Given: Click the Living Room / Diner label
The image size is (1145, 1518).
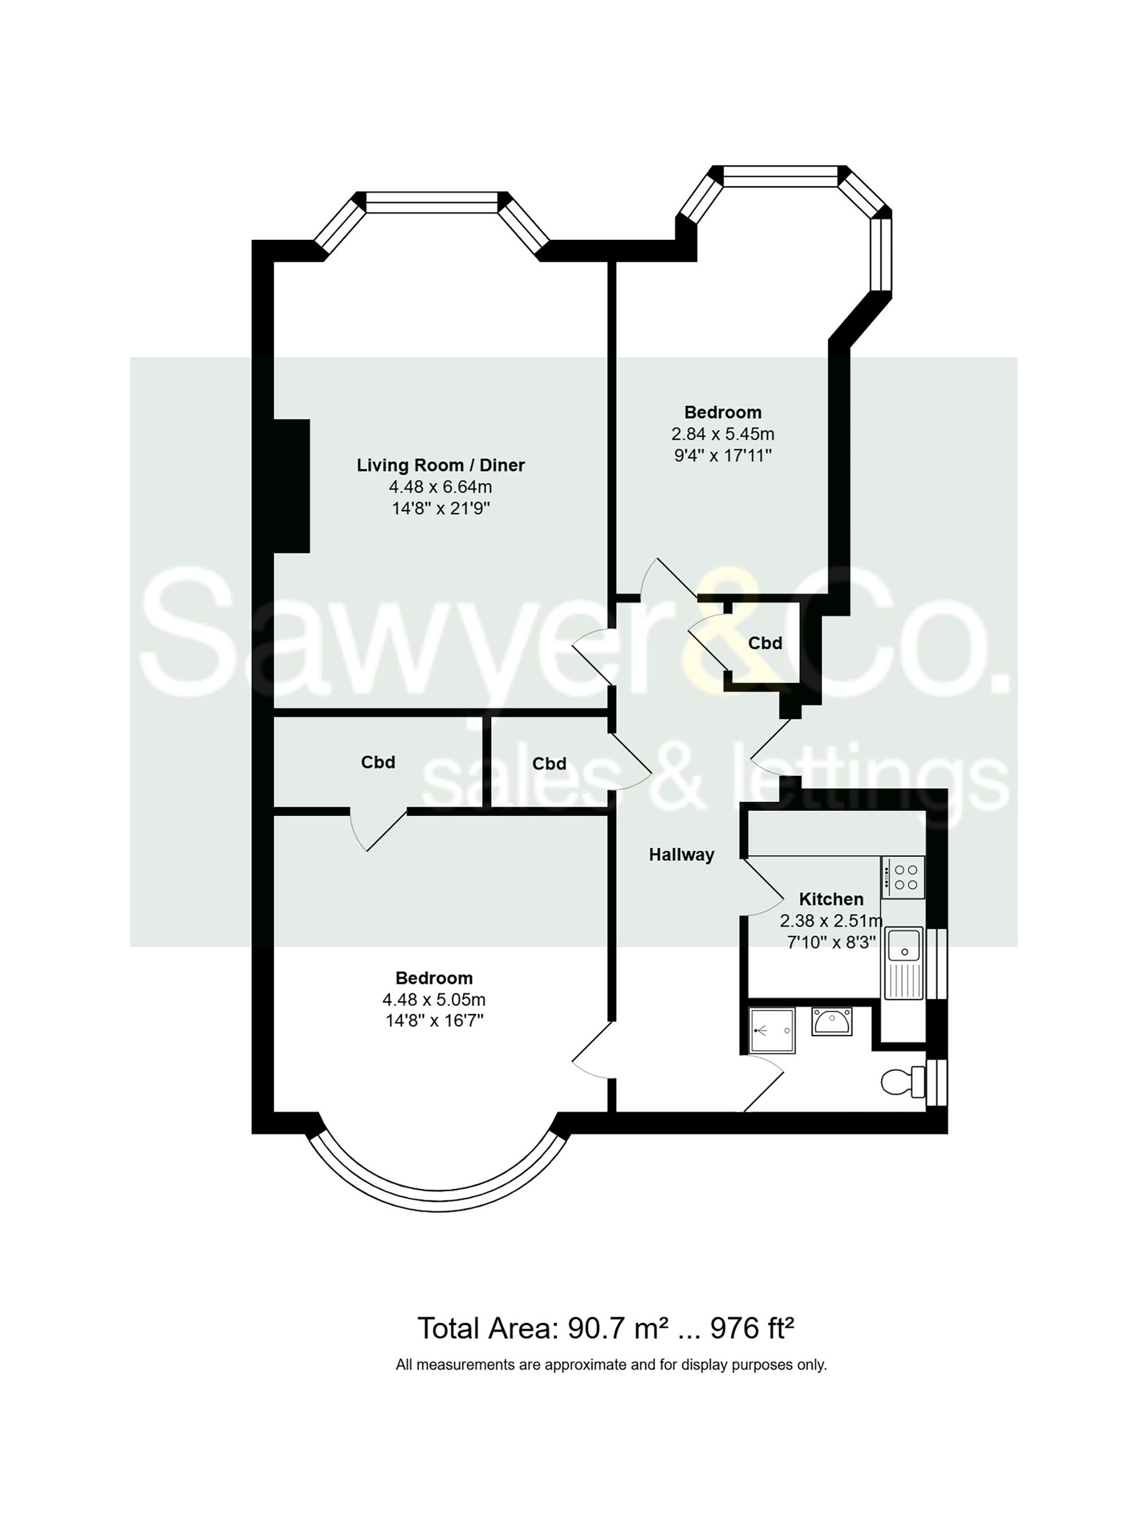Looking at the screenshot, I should (440, 465).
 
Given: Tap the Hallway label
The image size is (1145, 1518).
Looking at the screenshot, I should (681, 855).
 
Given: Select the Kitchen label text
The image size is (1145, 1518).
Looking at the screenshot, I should (831, 899).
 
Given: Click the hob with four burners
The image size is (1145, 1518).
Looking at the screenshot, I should (903, 877).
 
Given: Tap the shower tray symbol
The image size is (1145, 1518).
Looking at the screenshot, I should (772, 1030).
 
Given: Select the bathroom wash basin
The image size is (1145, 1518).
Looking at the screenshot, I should (831, 1021).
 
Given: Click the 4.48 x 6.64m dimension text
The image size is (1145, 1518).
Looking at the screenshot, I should (440, 487).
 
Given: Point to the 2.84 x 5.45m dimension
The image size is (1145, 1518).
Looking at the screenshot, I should (722, 434).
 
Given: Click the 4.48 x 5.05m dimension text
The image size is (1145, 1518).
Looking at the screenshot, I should (434, 1000).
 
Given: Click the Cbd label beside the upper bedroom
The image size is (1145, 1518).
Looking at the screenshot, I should (765, 643).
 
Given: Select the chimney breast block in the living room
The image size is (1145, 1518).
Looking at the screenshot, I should (292, 486).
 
